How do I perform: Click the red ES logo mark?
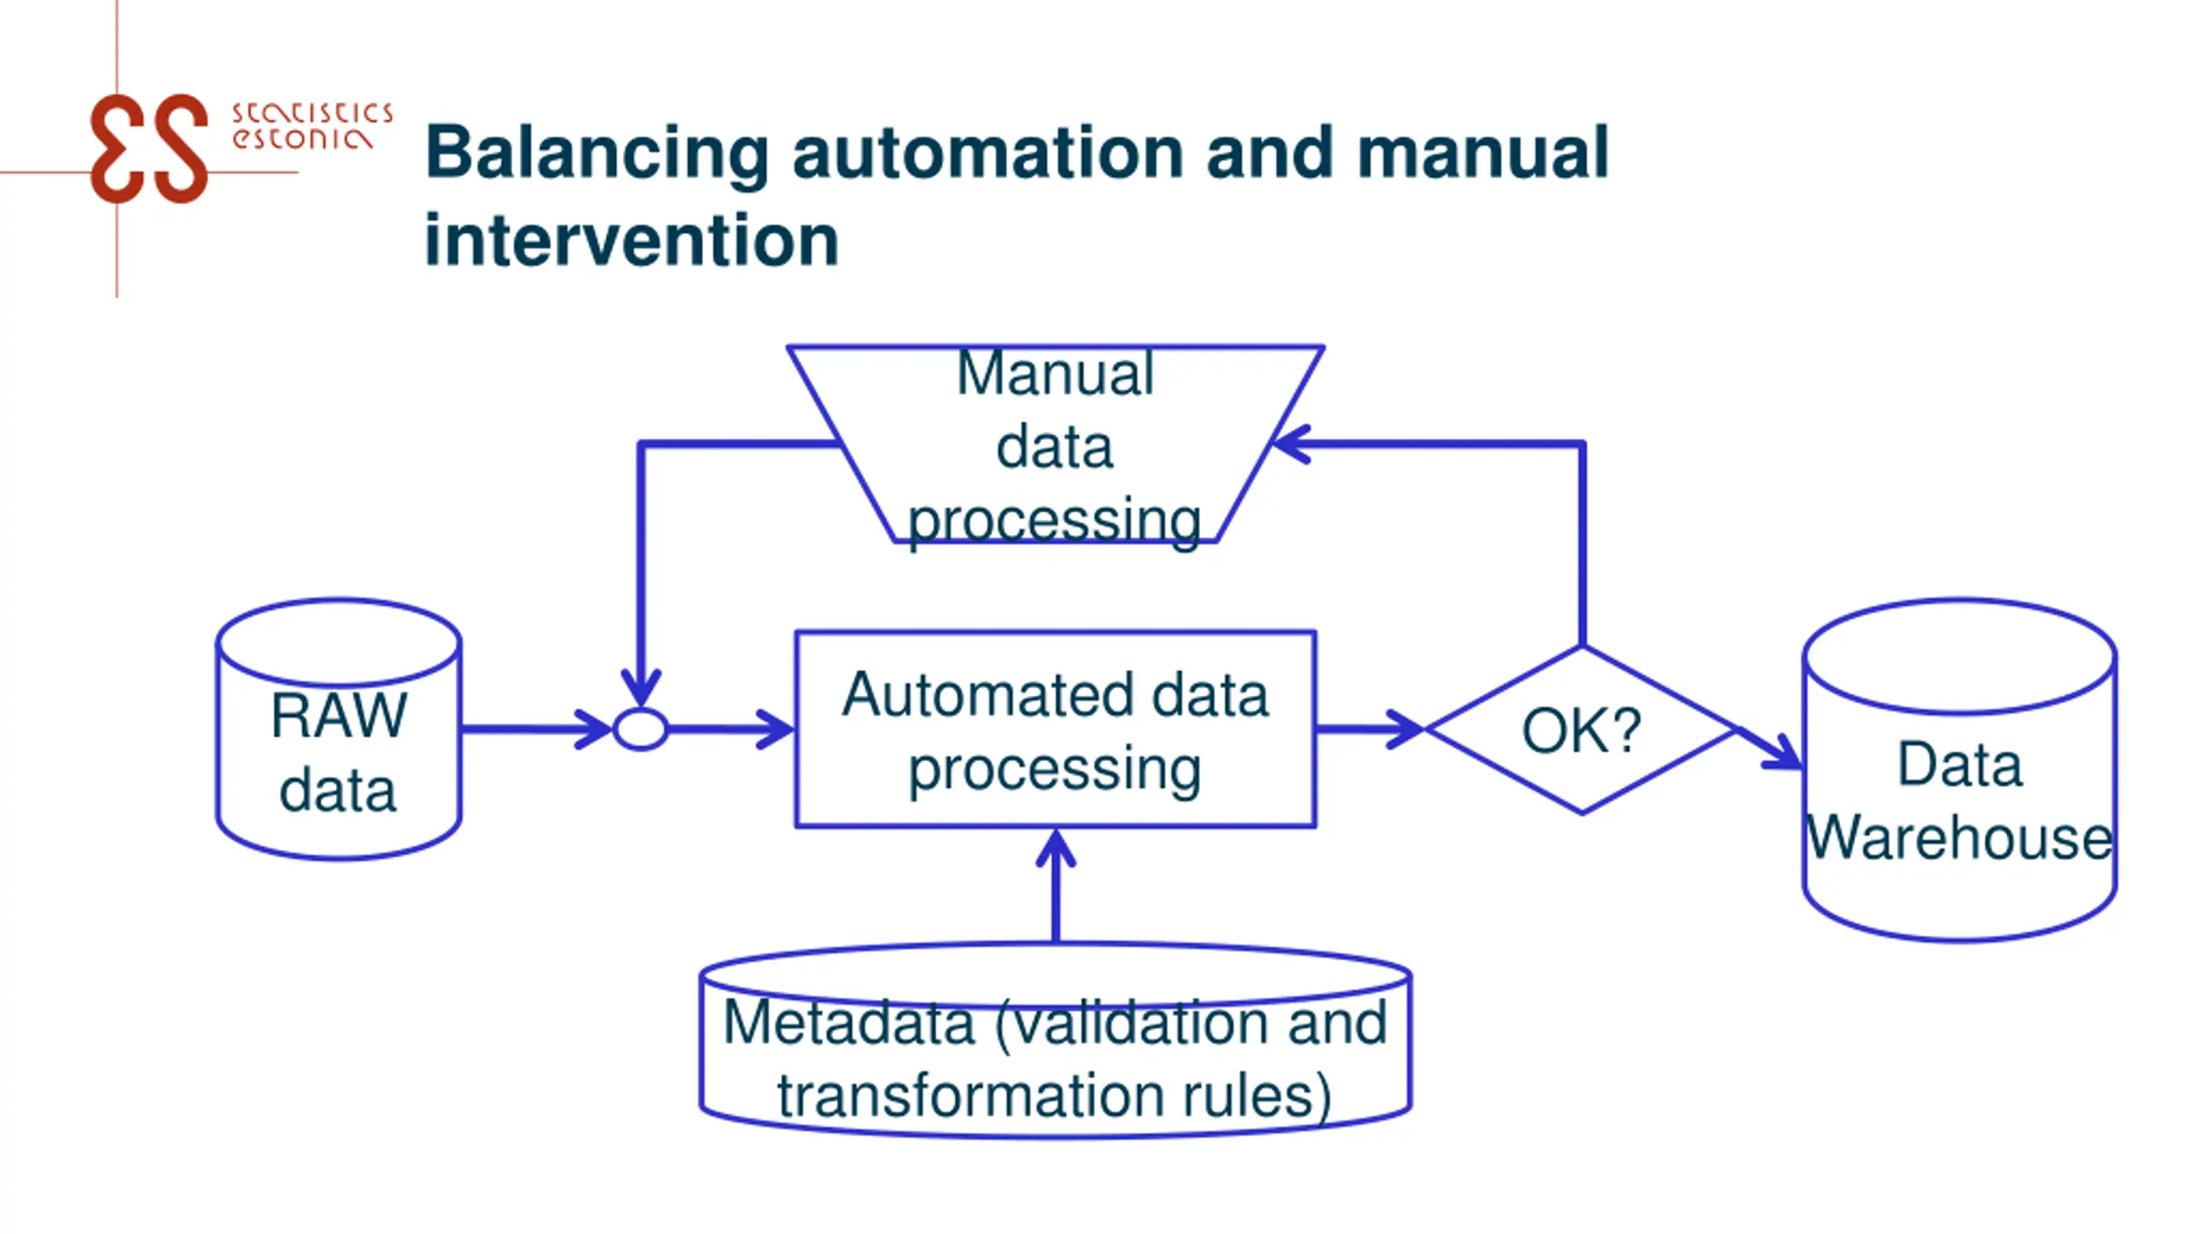(x=149, y=148)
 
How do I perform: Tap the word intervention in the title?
(x=631, y=240)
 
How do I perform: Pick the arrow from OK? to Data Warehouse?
(x=1769, y=748)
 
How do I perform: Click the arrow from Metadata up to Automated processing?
(x=1055, y=886)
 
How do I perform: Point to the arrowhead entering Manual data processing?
(x=1290, y=444)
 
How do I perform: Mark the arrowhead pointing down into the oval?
(x=641, y=688)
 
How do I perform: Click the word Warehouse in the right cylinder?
(x=1960, y=837)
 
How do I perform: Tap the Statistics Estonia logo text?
(x=312, y=126)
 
